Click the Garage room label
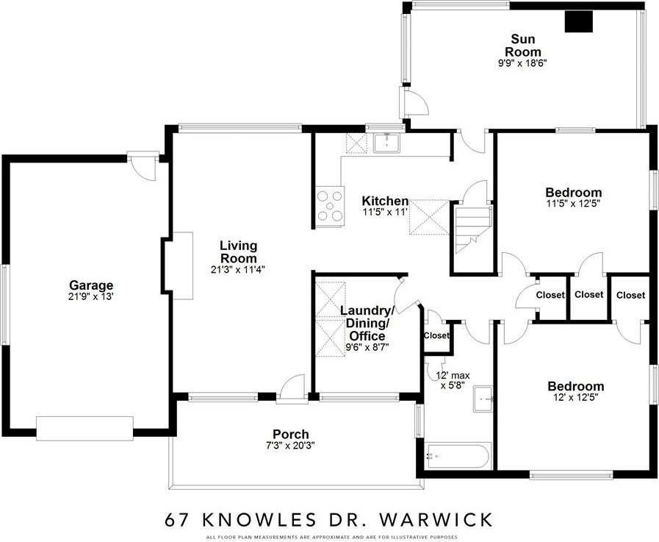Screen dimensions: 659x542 91,286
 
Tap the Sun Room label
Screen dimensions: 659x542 523,46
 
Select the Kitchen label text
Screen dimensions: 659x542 385,202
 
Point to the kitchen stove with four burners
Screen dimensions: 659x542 330,206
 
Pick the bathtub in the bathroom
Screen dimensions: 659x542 458,455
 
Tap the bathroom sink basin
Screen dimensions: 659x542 483,399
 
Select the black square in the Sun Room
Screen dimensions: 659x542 578,21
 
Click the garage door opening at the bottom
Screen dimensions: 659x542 84,429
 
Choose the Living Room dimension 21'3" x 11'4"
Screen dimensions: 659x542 238,270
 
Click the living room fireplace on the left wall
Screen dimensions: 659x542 177,265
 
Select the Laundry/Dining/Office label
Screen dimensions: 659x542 367,323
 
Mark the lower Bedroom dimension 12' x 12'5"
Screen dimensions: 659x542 575,397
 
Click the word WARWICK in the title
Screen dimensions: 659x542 436,520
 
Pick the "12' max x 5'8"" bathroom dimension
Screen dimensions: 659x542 453,380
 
